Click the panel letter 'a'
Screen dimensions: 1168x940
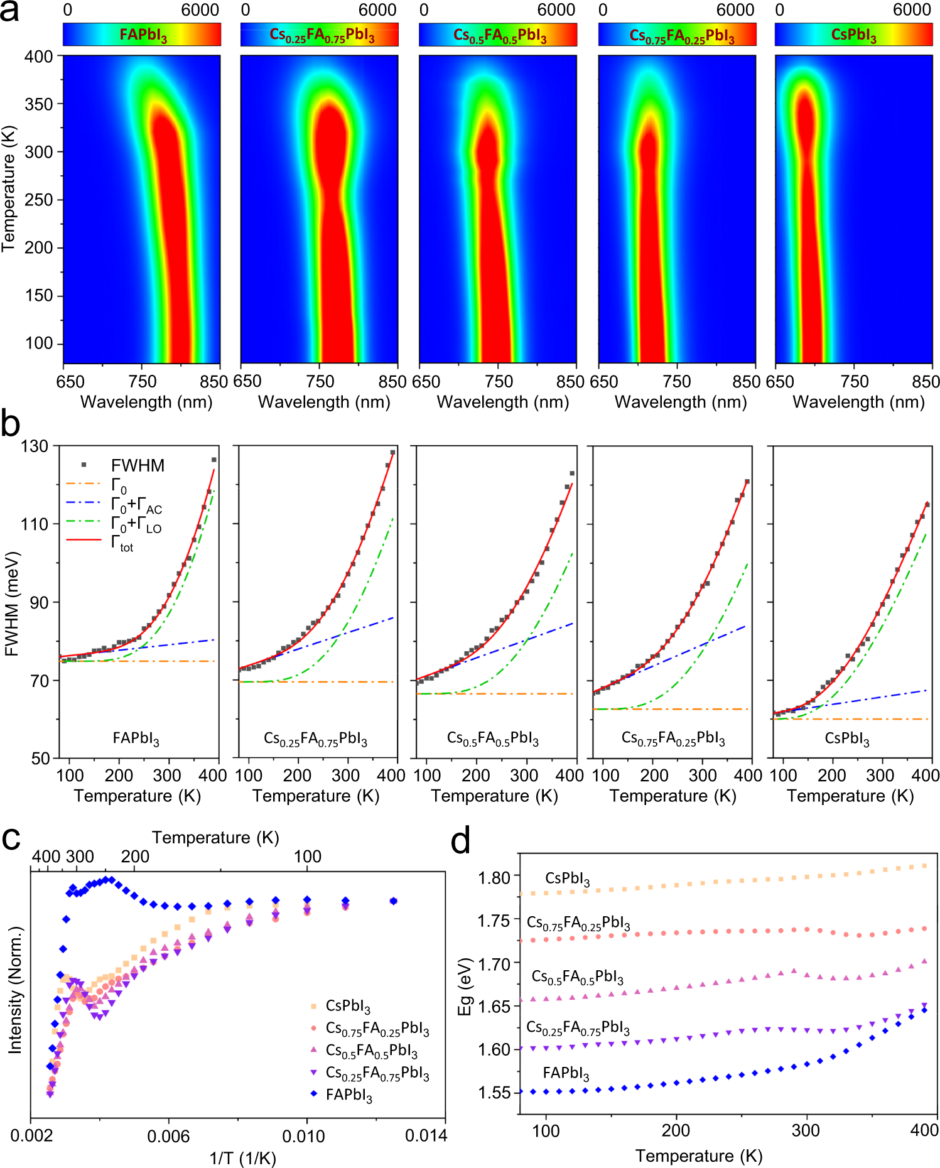(9, 13)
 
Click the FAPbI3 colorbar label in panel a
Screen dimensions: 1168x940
(143, 35)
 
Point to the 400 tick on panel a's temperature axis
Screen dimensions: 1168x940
(39, 57)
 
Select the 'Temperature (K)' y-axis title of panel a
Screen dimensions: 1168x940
(9, 188)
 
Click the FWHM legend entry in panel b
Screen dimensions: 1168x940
(137, 465)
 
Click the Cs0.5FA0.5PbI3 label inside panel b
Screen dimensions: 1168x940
(493, 738)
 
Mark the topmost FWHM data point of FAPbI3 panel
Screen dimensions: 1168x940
(214, 460)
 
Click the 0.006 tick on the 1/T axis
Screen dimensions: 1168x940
(168, 1136)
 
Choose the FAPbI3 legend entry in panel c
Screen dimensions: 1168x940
(348, 1095)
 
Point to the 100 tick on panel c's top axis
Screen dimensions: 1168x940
(307, 857)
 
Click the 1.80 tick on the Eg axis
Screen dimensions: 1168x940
(494, 877)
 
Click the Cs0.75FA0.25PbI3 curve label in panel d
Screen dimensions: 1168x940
(578, 923)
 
